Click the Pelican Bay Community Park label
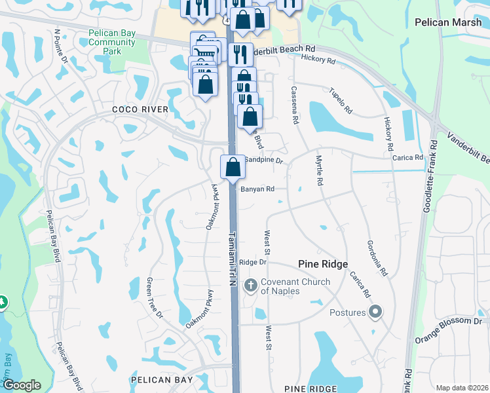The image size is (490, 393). tap(113, 42)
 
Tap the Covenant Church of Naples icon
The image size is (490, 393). tap(250, 286)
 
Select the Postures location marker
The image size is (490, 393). tap(375, 312)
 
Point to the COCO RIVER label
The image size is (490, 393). tap(140, 109)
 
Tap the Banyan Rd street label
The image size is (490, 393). tap(257, 189)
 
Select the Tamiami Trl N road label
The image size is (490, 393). tap(232, 259)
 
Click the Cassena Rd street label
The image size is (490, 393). tap(295, 105)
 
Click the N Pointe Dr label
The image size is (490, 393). tap(62, 46)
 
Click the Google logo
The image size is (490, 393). tap(22, 385)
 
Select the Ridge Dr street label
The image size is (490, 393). tap(253, 262)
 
